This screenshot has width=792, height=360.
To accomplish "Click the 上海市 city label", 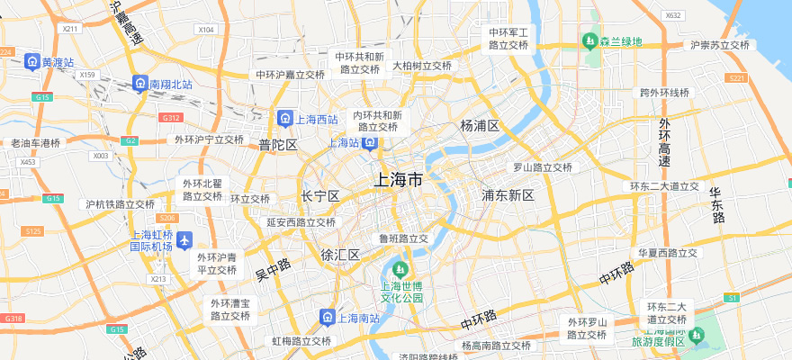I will point(398,181).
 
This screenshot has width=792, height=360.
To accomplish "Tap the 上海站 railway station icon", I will point(370,143).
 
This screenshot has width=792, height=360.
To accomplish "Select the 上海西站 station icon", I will point(284,119).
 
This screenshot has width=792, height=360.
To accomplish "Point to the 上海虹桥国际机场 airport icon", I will point(184,240).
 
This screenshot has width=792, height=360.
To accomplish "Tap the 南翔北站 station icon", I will point(139,84).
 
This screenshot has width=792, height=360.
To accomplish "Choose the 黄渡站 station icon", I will point(31,63).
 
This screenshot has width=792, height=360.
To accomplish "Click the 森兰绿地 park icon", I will point(590,41).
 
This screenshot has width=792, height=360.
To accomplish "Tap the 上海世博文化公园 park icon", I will point(401,269).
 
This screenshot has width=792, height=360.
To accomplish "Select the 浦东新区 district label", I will point(508,195).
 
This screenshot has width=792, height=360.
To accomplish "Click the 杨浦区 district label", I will point(480,125).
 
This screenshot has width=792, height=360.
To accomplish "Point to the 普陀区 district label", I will point(278,145).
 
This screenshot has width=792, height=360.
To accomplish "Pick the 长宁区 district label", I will point(319,196).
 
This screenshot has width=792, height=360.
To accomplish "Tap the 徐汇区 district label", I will point(340,255).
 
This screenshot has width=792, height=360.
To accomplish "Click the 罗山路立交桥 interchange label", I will point(543,167).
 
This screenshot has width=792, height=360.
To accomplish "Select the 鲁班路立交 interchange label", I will point(403,238).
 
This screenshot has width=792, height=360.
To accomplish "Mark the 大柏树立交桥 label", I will point(421,66).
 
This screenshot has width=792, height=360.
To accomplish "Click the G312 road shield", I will point(170,118).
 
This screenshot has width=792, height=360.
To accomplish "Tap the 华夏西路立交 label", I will point(668,253).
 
